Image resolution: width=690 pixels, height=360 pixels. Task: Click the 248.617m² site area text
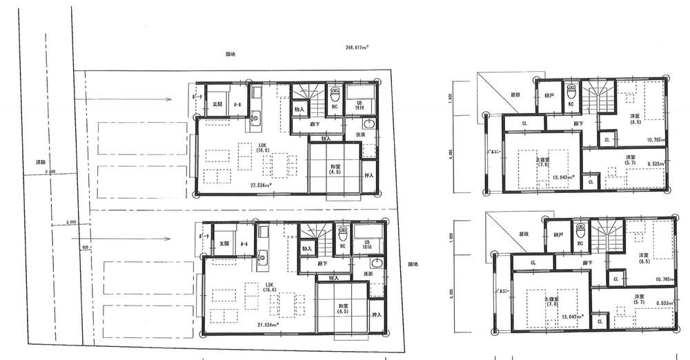357,48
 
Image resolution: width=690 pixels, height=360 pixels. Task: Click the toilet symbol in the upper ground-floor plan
336,93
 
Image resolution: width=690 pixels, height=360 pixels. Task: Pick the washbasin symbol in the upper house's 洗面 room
367,125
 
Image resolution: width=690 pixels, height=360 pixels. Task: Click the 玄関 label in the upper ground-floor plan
217,103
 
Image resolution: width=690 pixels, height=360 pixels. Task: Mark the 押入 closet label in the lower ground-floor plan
377,314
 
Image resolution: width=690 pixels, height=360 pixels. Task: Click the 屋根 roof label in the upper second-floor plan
515,94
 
